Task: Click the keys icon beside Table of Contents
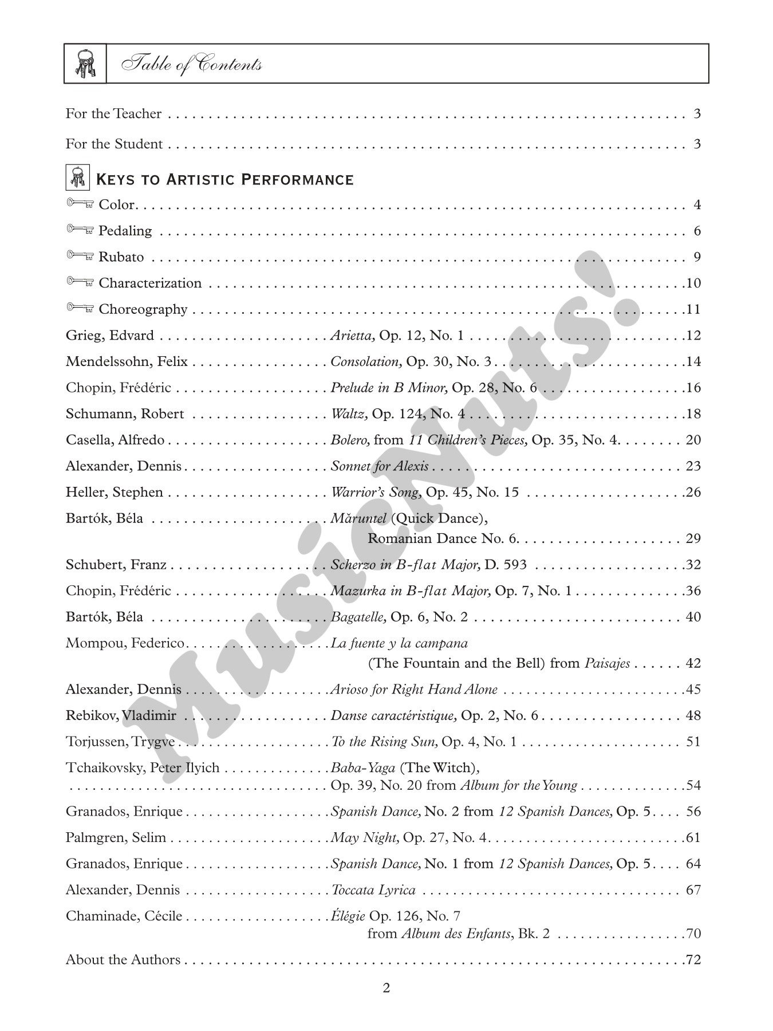click(85, 63)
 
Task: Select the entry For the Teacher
click(113, 114)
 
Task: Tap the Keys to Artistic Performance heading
click(224, 180)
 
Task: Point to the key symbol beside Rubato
click(80, 256)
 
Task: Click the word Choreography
click(143, 309)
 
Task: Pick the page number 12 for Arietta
click(693, 336)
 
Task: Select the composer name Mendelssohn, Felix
click(127, 362)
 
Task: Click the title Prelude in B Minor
click(389, 388)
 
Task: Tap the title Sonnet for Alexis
click(380, 466)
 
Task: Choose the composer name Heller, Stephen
click(115, 493)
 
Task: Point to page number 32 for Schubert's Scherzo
click(693, 565)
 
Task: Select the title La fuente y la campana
click(400, 643)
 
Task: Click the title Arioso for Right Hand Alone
click(414, 690)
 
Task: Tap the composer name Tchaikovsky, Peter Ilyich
click(143, 768)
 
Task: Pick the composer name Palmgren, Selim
click(116, 838)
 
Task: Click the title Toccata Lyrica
click(374, 890)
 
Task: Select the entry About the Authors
click(123, 960)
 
